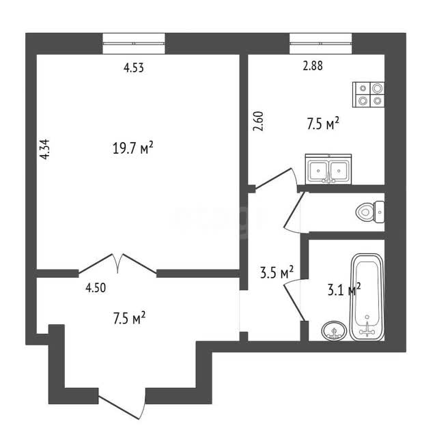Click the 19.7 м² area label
133,147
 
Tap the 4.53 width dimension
134,68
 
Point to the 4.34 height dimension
45,149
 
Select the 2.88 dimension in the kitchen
313,66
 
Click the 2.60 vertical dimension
258,122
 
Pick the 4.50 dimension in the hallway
96,288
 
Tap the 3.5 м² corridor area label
277,272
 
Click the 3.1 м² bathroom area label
344,290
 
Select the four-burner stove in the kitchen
369,94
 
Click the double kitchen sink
328,169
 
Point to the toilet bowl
370,212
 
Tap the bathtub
367,296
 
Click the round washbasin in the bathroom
334,330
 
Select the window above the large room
134,44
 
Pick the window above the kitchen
320,44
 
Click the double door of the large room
117,264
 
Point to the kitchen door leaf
273,178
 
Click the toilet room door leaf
294,210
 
